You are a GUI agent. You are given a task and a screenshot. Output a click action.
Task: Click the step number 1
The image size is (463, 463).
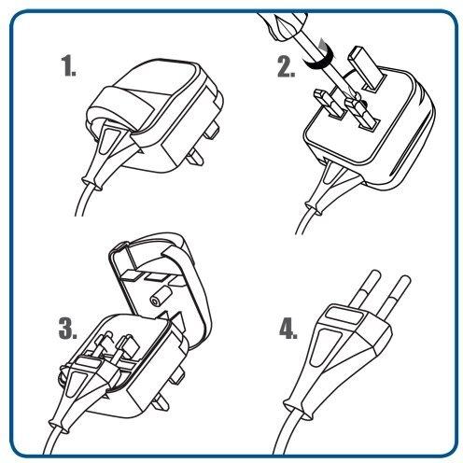(x=68, y=65)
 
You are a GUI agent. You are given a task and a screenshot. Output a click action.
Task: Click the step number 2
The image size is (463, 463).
(x=287, y=66)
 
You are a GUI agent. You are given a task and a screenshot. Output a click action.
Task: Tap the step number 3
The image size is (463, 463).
(x=68, y=329)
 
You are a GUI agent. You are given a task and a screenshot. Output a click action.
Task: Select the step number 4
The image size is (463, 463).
(x=288, y=329)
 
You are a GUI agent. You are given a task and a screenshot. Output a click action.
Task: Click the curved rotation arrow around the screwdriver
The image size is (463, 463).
(x=320, y=59)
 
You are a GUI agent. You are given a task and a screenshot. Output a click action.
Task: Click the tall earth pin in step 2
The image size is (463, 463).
(x=367, y=68)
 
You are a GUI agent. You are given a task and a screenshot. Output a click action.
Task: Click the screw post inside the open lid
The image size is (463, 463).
(x=160, y=296)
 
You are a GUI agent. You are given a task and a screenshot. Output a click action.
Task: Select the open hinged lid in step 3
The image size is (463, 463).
(x=161, y=287)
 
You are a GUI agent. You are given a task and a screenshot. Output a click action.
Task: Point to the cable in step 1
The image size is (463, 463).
(x=83, y=199)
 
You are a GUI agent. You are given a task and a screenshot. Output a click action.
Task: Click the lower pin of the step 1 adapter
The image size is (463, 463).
(x=193, y=157)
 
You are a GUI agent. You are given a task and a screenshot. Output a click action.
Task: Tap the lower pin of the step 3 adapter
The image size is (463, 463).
(x=161, y=403)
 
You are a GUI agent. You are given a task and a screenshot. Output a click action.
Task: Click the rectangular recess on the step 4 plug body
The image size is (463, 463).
(x=344, y=315)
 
